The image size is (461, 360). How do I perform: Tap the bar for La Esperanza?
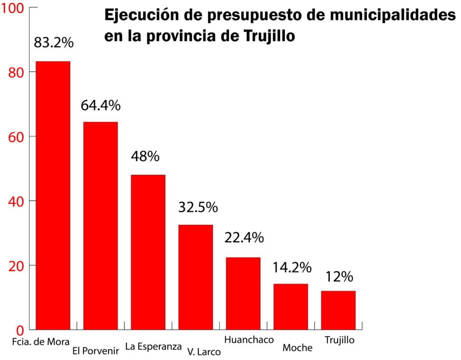pos(148,252)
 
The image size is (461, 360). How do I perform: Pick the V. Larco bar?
pos(195,276)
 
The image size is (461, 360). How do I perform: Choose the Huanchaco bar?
pos(243,292)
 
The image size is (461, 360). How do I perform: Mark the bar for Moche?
pos(291,306)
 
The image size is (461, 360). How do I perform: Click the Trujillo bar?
pos(338,310)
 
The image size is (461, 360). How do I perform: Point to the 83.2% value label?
pos(54,43)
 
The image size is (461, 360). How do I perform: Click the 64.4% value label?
pos(100,105)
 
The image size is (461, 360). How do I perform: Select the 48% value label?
pos(145,157)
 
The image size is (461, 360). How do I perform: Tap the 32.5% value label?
pos(198,207)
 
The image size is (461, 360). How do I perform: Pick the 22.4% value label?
pos(244,238)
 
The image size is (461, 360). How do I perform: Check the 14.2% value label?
pos(292,267)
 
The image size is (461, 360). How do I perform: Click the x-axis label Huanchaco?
pos(249,339)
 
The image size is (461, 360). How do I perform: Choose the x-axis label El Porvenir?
pos(95,351)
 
